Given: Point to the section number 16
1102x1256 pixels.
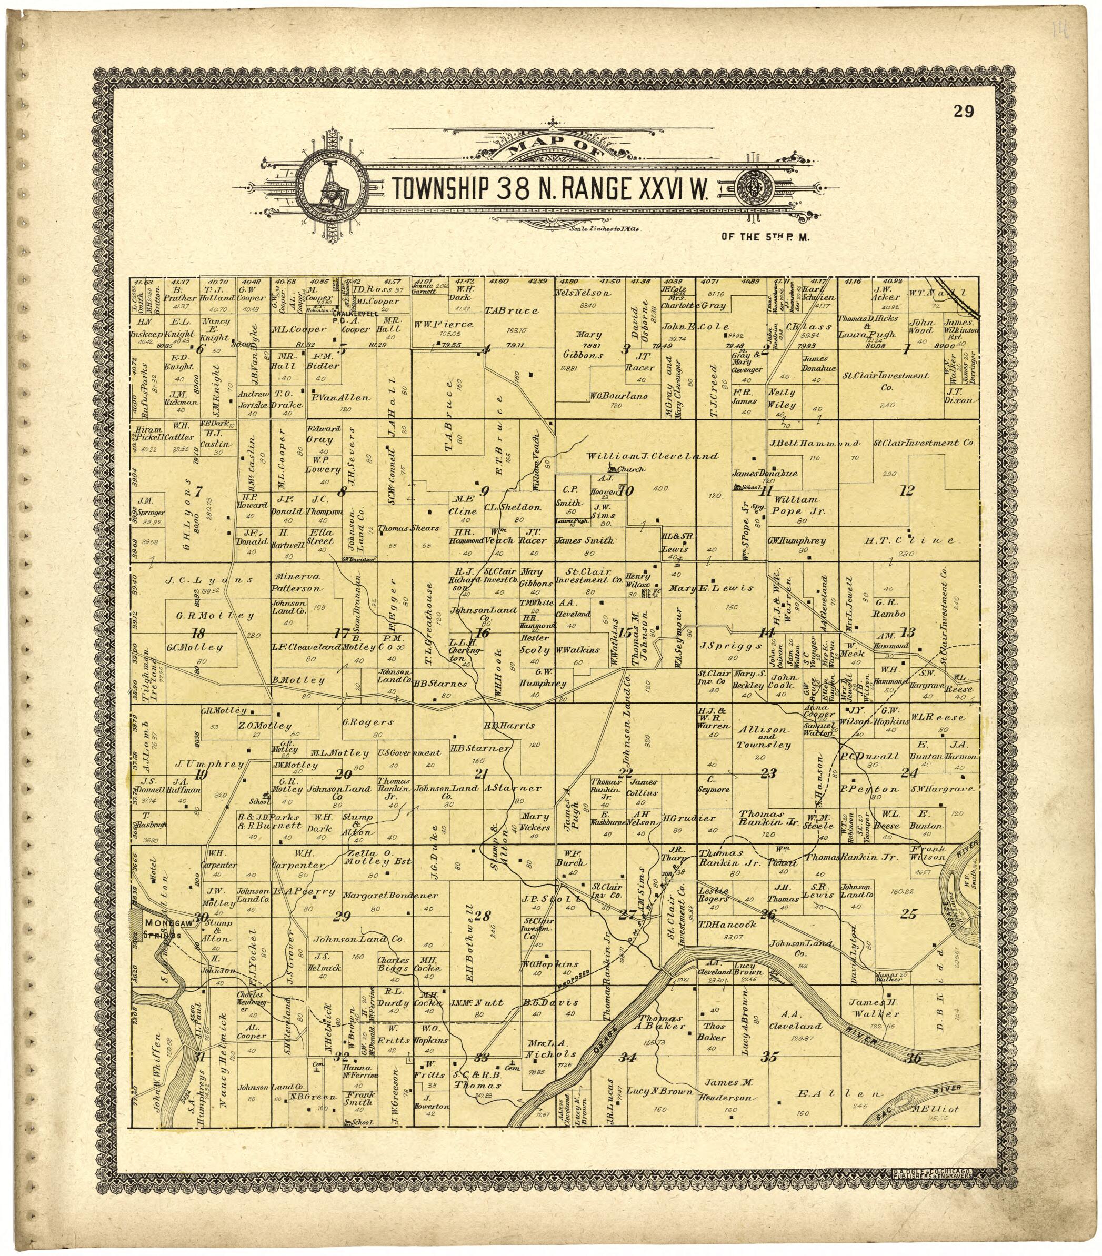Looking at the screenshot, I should point(483,634).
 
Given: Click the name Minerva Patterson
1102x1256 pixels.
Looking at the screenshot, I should point(298,582).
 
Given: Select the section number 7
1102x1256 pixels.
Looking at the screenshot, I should point(198,491).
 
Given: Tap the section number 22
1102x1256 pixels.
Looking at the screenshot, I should point(625,772).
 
